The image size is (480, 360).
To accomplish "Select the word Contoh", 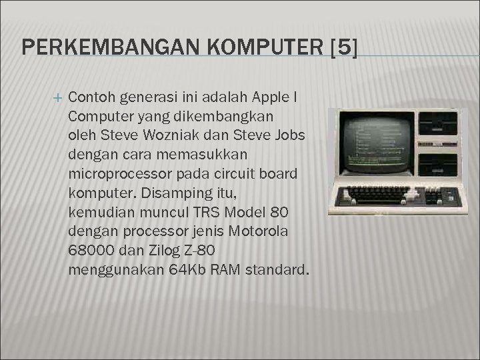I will (92, 97).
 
